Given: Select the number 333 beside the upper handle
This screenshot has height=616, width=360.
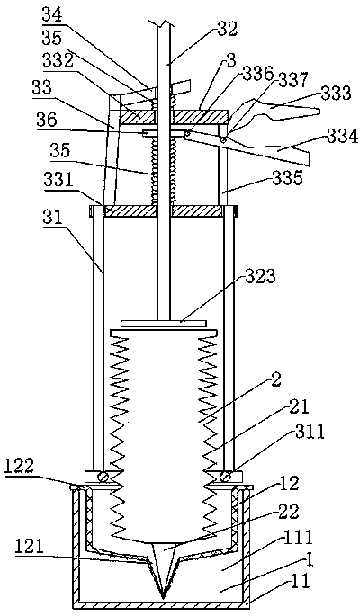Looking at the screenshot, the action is [334, 92].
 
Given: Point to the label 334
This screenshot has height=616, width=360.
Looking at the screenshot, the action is [343, 138].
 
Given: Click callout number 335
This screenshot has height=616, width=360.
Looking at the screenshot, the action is [288, 177].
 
